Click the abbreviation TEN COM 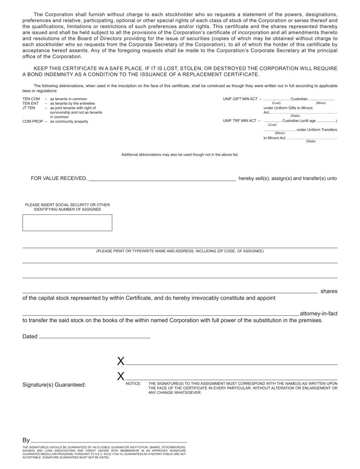click(31, 99)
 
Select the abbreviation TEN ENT click(30, 103)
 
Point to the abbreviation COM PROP click(32, 122)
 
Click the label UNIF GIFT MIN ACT click(240, 99)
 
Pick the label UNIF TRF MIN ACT click(240, 121)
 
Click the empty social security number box click(67, 223)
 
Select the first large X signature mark click(121, 361)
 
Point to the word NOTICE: click(133, 384)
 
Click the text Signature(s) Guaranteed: click(54, 385)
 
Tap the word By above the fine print click(26, 440)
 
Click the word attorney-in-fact click(318, 313)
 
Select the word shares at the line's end click(329, 291)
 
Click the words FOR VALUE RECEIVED click(59, 178)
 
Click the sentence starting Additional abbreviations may click(180, 155)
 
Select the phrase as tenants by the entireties click(72, 103)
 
